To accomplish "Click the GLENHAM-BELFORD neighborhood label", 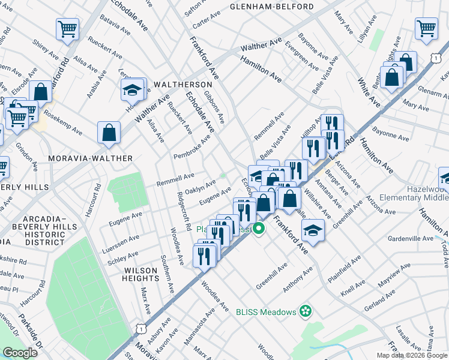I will [272, 7].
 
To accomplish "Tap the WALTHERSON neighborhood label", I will [182, 85].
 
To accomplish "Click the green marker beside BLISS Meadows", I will [306, 311].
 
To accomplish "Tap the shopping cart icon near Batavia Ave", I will [68, 29].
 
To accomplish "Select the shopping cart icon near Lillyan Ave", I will [426, 28].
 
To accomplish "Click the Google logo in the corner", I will [19, 353].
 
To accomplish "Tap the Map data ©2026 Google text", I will [412, 355].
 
